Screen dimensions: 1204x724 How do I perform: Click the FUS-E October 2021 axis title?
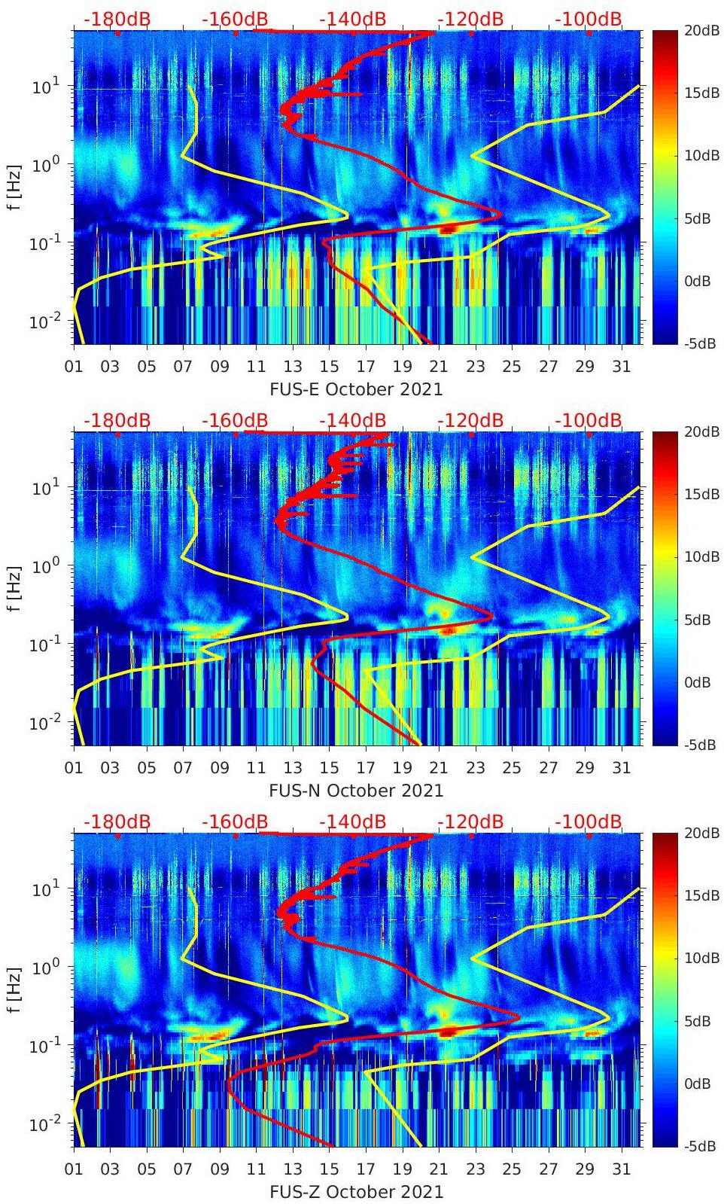coord(356,389)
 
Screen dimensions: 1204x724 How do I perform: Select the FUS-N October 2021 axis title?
coord(356,791)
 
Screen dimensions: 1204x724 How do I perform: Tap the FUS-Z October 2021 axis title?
coord(356,1192)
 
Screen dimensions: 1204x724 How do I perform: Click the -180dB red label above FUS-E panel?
coord(117,19)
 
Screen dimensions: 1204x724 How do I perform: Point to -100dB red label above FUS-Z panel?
coord(589,821)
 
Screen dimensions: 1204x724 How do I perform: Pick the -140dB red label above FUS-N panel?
coord(352,420)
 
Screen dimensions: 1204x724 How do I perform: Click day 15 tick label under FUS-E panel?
coord(329,367)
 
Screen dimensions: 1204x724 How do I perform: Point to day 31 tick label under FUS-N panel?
coord(621,768)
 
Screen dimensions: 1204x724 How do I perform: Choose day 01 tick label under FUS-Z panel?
coord(74,1169)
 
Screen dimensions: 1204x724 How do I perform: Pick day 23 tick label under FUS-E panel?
coord(475,367)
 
